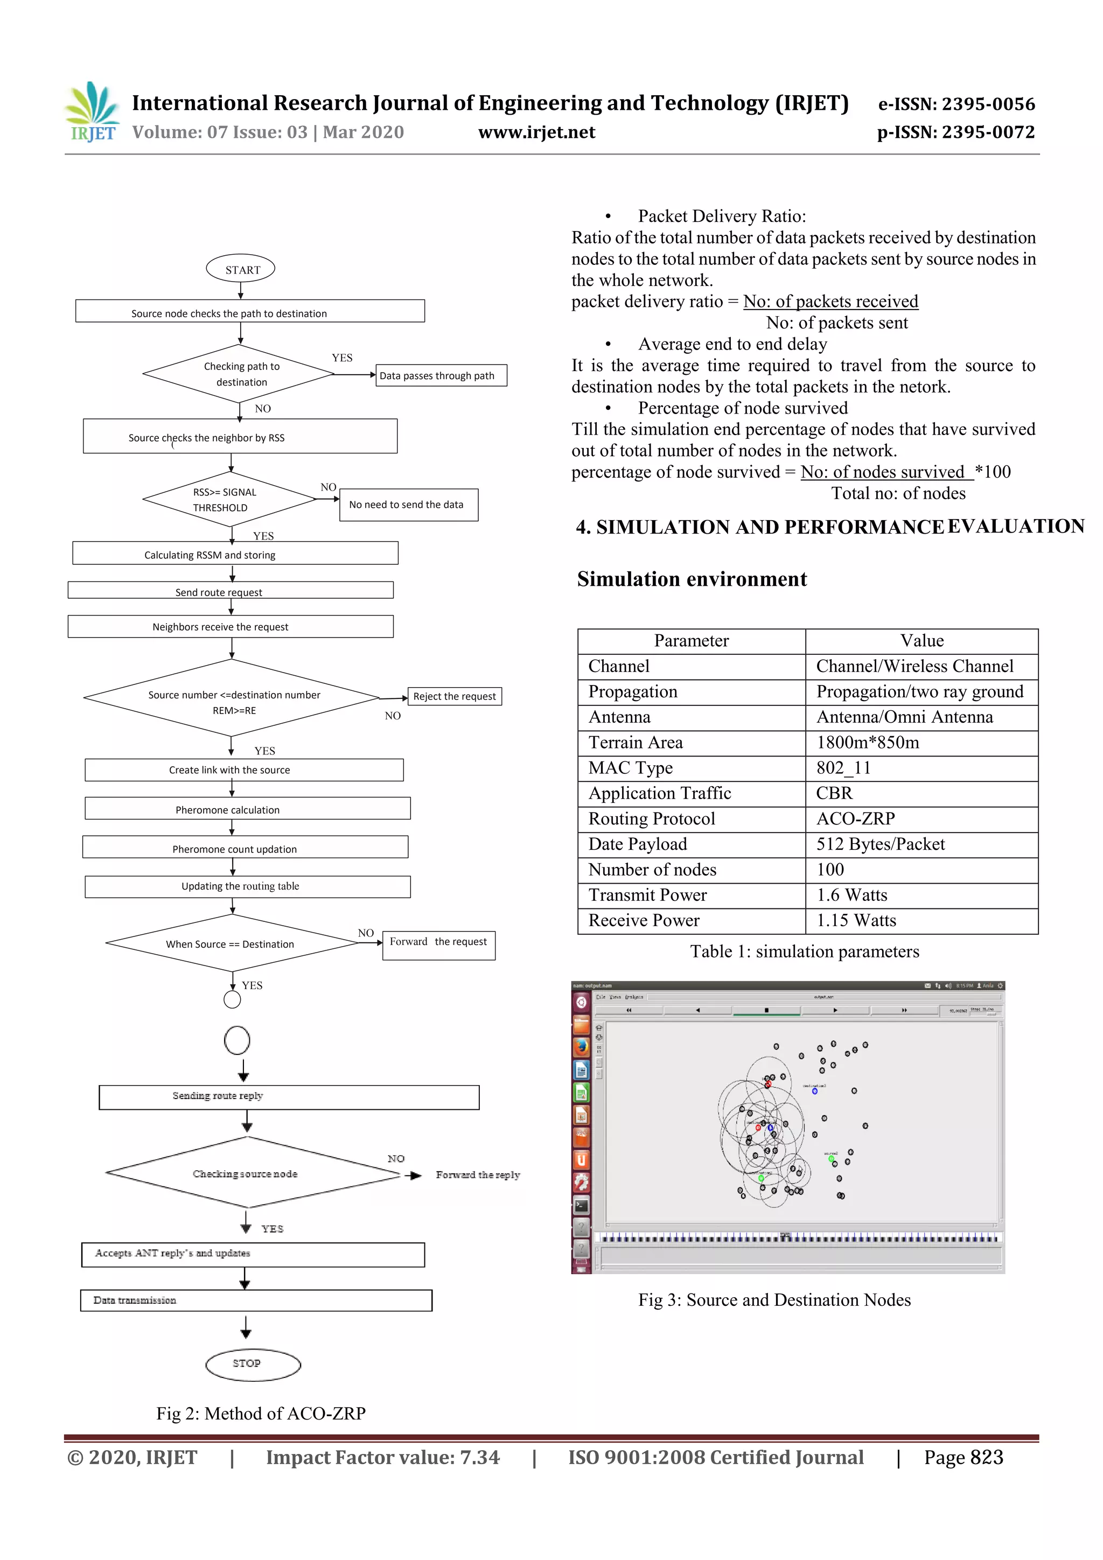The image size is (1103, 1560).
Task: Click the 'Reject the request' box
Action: coord(454,696)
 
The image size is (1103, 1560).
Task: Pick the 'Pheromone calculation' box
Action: coord(247,808)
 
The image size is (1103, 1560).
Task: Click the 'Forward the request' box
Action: coord(438,945)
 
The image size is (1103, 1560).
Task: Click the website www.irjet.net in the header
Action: coord(536,132)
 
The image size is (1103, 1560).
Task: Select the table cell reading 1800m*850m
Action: coord(867,743)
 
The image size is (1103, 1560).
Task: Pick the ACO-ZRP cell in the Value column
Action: coord(855,819)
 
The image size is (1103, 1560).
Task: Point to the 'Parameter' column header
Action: coord(691,641)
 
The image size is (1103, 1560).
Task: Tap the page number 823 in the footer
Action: coord(986,1457)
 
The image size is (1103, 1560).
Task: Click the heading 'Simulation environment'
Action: coord(692,579)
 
